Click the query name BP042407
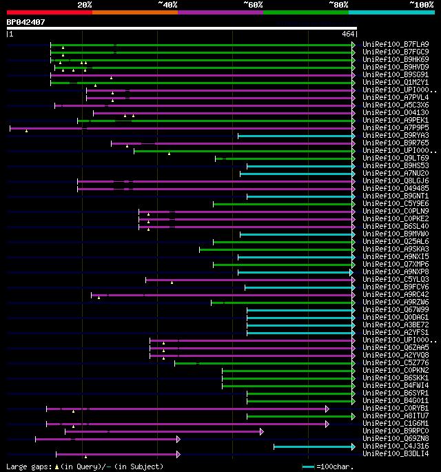25,22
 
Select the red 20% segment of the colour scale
49,12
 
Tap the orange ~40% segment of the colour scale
134,12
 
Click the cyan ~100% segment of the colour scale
391,12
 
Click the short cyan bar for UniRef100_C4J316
314,447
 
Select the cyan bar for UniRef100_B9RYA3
296,136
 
